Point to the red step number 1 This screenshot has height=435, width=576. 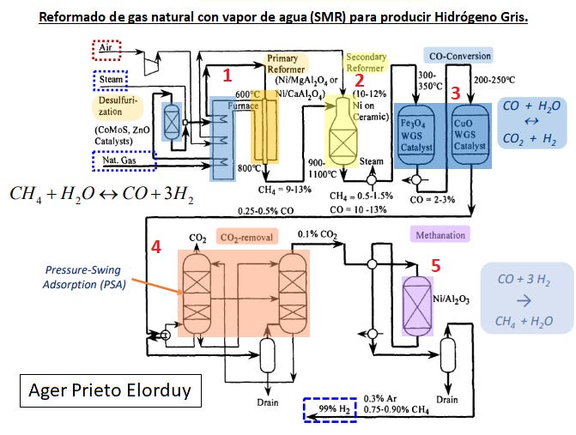tap(227, 76)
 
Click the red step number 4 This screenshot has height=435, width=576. tap(156, 246)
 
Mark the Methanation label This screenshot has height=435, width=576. tap(440, 234)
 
